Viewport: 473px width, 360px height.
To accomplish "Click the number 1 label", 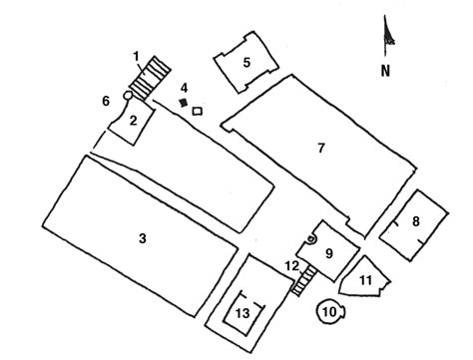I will click(137, 55).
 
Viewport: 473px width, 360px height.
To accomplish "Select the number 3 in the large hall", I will click(143, 237).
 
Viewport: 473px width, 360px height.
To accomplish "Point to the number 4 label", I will click(184, 88).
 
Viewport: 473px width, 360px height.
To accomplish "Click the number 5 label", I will click(245, 61).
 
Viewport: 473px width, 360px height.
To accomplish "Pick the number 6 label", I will click(106, 101).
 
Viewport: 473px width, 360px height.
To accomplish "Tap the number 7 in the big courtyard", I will click(320, 148).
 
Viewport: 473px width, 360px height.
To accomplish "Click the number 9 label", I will click(327, 252).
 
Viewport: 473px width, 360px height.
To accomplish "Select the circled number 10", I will click(329, 312).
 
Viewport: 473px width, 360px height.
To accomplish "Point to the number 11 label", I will click(365, 280).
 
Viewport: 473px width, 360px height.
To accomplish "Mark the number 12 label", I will click(291, 265).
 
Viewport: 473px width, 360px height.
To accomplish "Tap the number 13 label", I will click(241, 312).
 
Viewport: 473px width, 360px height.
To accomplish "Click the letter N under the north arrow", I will click(384, 71).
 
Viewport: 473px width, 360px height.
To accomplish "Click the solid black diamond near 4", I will click(183, 103).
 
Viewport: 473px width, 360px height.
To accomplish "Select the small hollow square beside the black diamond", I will click(197, 110).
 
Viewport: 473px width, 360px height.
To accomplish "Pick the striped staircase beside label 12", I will click(298, 283).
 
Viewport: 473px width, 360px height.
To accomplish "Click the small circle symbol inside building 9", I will click(312, 239).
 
